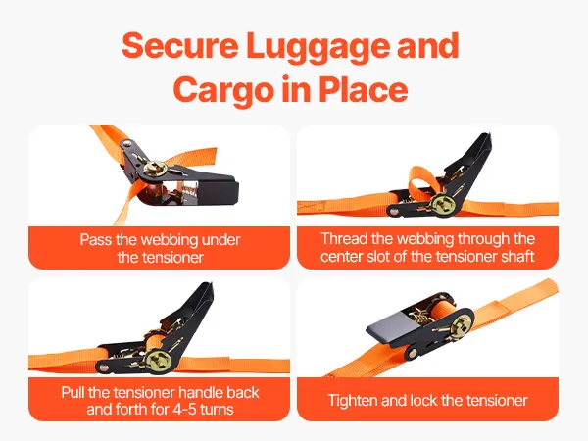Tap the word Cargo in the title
pyautogui.click(x=222, y=90)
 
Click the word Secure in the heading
pyautogui.click(x=179, y=45)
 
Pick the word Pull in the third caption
pyautogui.click(x=73, y=392)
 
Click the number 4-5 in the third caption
pyautogui.click(x=185, y=409)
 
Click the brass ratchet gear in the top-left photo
pyautogui.click(x=155, y=168)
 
